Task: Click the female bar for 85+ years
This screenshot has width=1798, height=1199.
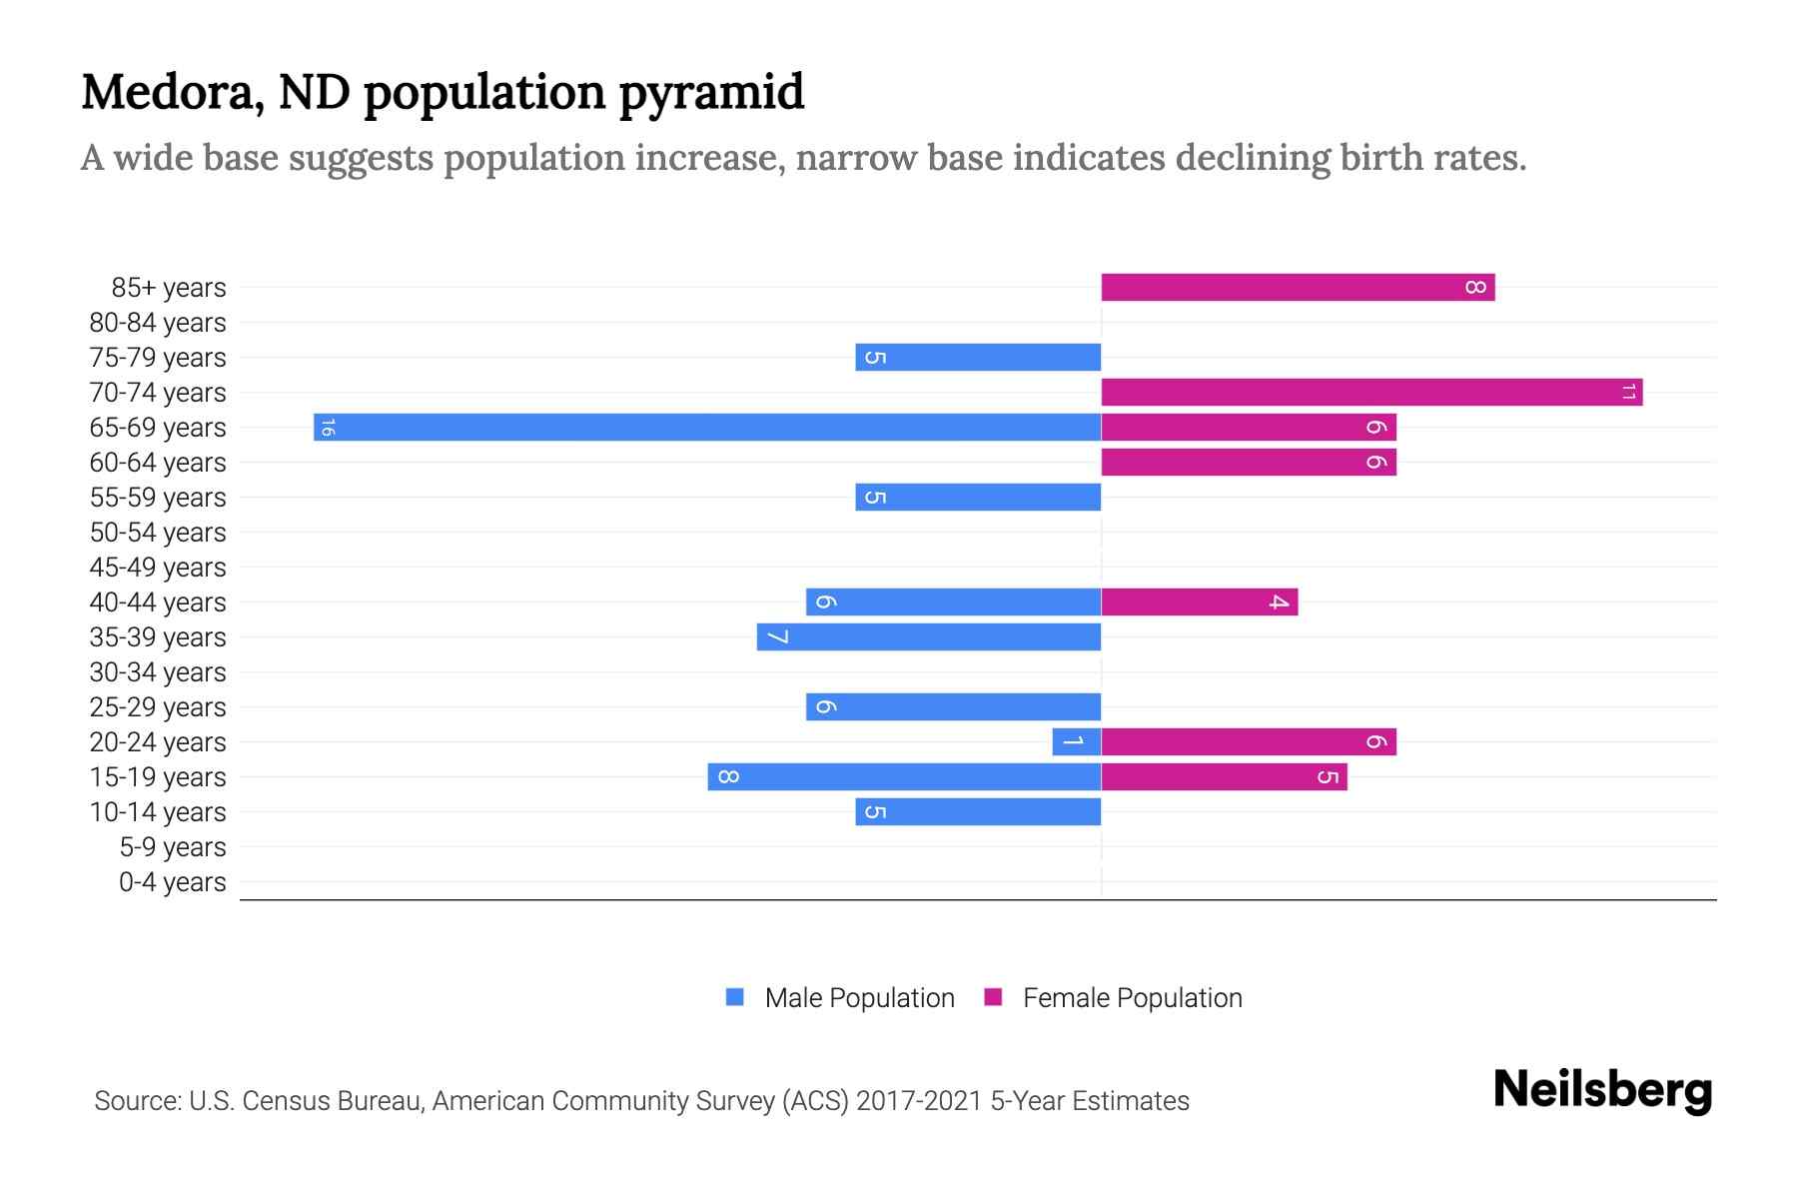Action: coord(1297,288)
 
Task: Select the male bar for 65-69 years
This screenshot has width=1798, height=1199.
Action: coord(707,428)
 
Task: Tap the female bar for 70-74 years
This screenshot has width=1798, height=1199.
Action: coord(1370,393)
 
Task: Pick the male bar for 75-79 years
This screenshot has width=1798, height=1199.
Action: coord(978,358)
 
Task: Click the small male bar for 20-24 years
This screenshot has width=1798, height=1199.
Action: coord(1076,742)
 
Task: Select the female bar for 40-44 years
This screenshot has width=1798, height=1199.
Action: coord(1199,602)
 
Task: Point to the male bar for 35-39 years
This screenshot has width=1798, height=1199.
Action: coord(929,637)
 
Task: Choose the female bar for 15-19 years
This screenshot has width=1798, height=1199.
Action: coord(1224,777)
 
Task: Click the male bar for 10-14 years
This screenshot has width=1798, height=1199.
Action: coord(978,812)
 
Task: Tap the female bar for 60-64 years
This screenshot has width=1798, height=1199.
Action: coord(1249,463)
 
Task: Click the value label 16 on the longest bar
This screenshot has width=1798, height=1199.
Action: coord(328,428)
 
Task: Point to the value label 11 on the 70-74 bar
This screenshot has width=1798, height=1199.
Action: coord(1628,393)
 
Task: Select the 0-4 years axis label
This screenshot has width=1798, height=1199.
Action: coord(172,882)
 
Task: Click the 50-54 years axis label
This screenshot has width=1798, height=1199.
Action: coord(158,533)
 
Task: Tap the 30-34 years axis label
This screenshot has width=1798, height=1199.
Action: coord(158,672)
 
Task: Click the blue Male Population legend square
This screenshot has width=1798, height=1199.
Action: coord(735,997)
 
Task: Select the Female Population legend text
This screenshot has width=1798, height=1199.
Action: coord(1132,998)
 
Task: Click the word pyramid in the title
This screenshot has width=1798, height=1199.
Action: coord(710,93)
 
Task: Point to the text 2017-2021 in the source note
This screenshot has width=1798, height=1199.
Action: coord(919,1101)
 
